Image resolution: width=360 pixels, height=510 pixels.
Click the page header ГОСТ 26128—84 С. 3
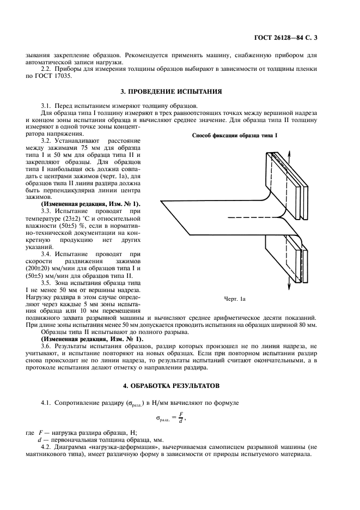click(292, 38)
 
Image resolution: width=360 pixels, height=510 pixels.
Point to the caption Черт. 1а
click(235, 299)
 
